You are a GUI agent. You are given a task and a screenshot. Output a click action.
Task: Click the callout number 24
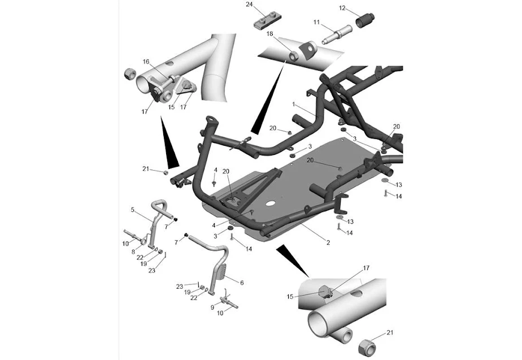point(250,5)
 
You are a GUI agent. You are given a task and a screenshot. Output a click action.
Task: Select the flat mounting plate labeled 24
point(268,21)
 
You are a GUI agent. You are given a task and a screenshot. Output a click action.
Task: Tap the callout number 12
point(342,8)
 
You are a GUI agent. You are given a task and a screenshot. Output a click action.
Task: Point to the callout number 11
point(316,22)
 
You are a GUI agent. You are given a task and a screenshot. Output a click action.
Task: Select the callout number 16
point(146,62)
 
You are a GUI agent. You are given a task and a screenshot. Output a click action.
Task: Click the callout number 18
point(269,34)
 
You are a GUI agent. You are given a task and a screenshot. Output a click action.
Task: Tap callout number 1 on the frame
point(294,104)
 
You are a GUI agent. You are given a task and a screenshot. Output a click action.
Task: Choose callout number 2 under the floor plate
point(328,243)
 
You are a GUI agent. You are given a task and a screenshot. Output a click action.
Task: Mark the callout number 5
point(133,210)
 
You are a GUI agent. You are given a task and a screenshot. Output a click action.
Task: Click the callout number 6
point(242,283)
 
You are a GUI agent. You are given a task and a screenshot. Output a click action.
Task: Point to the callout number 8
point(133,252)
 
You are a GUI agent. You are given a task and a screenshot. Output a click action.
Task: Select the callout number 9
point(212,307)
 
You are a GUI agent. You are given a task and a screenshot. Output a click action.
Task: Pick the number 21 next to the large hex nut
point(390,332)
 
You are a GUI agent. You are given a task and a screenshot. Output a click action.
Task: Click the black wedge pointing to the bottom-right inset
point(292,259)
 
